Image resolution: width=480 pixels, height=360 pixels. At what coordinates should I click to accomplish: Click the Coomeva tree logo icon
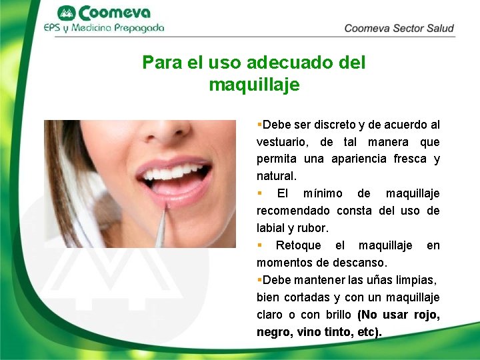tap(67, 13)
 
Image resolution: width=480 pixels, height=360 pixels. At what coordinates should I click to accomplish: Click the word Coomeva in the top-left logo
tap(115, 13)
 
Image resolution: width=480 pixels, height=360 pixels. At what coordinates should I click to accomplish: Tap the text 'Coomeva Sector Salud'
tap(399, 28)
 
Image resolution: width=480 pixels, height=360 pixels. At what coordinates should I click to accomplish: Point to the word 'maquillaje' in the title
tap(254, 85)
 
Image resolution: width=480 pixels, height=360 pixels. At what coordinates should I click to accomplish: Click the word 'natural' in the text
tap(275, 177)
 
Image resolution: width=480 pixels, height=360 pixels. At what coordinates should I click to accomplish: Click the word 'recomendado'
tap(294, 211)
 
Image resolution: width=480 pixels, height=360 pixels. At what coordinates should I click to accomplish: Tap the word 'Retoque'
tap(298, 246)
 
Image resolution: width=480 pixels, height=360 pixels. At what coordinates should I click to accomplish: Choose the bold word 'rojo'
tap(426, 315)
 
